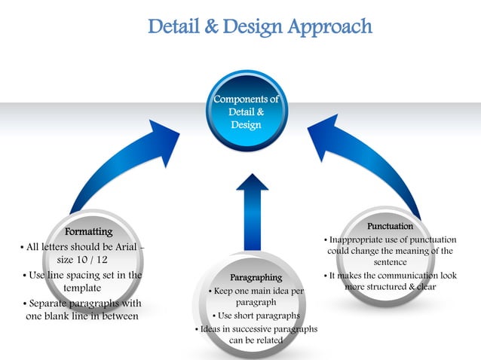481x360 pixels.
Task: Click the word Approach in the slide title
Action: coord(329,27)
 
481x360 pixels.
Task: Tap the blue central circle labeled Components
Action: coord(246,114)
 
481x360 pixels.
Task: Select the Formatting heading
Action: coord(89,231)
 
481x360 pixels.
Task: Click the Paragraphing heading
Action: coord(256,277)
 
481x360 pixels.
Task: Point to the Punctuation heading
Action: coord(390,226)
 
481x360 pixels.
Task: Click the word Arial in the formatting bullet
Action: coord(123,246)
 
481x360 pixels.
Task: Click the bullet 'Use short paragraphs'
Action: coord(257,316)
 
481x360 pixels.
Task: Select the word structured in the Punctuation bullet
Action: coord(399,287)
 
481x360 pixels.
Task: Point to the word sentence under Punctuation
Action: coord(389,263)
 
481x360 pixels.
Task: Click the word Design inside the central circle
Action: coord(246,124)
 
